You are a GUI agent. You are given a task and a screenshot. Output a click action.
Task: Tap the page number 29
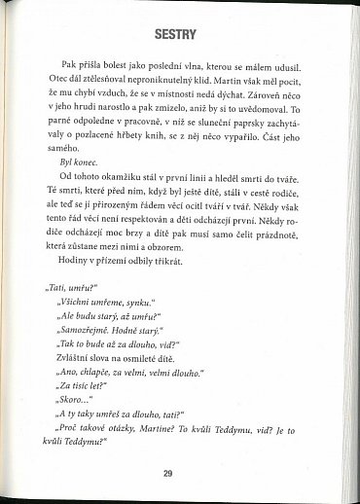tap(167, 473)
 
